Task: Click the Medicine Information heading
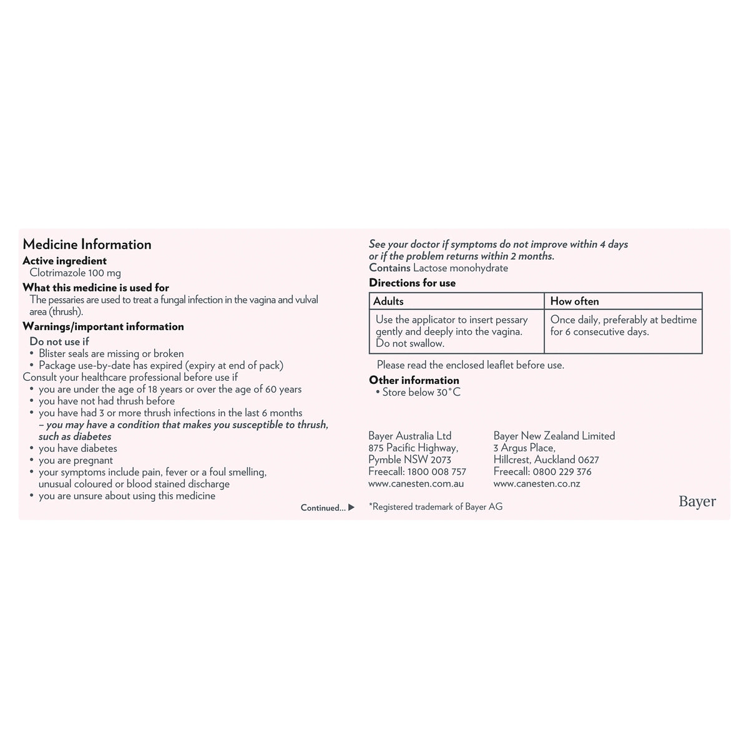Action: [87, 245]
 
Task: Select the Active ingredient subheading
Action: [64, 261]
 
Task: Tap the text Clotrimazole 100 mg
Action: [75, 273]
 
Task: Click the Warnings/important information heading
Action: [103, 326]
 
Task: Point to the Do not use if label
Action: [59, 341]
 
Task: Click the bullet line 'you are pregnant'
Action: [76, 460]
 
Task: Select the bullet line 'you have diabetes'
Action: [77, 448]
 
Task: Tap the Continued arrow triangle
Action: [351, 507]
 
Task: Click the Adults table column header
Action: [388, 301]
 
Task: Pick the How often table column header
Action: [574, 301]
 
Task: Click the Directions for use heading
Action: [412, 283]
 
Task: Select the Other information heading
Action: [414, 380]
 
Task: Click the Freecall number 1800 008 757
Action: [436, 472]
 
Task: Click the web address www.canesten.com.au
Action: [416, 484]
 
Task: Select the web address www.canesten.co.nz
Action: [536, 484]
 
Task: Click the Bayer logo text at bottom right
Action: [697, 501]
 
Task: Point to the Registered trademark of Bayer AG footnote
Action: [436, 507]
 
